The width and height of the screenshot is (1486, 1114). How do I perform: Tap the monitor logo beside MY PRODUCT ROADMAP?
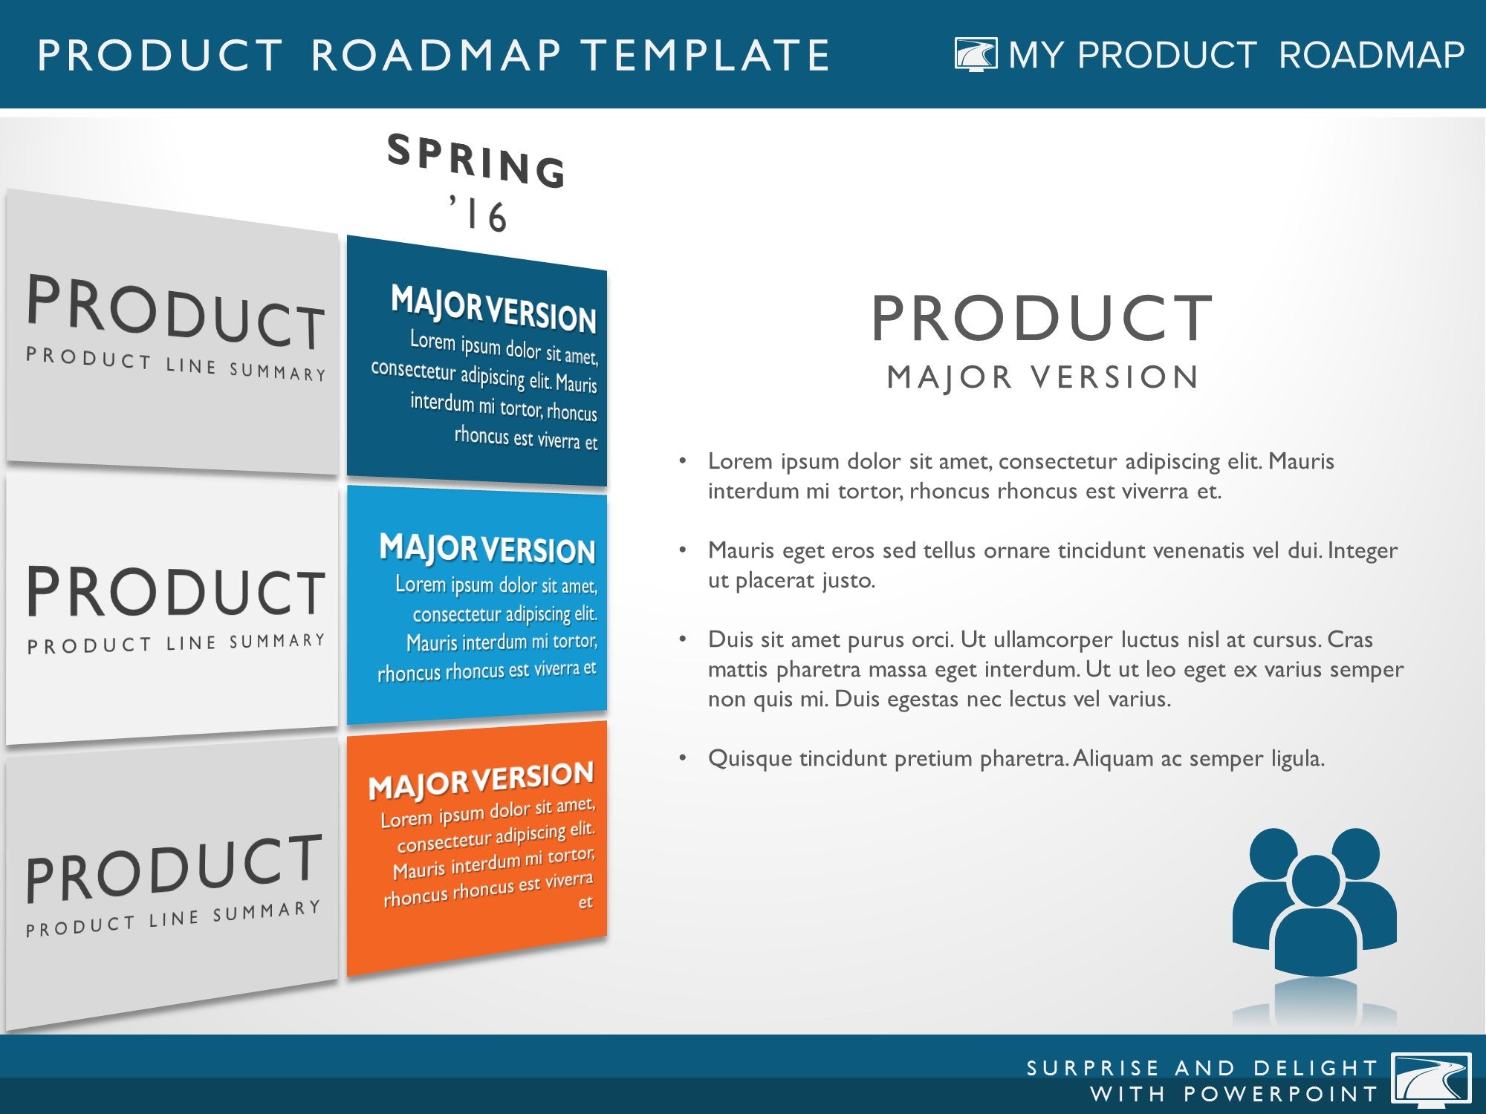[976, 55]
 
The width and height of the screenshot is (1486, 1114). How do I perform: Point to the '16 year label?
[478, 214]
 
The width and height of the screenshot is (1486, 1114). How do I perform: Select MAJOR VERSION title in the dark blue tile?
[493, 309]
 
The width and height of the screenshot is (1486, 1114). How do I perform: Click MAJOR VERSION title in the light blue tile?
[487, 549]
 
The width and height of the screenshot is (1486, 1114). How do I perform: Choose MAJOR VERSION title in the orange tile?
[481, 780]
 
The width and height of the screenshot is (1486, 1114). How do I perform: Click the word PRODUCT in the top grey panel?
[176, 312]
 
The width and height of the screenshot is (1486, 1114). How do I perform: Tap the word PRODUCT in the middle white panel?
[176, 592]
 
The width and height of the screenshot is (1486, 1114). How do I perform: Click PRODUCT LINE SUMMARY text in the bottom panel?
[173, 919]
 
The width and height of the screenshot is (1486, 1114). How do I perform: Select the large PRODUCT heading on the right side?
[1042, 319]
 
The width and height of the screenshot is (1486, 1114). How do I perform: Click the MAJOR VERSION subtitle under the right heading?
[1042, 377]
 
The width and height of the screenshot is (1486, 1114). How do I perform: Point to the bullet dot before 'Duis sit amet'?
[682, 639]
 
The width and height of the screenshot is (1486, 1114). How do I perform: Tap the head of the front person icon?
[1316, 880]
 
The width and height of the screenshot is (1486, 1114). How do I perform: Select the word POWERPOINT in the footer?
[1280, 1095]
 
